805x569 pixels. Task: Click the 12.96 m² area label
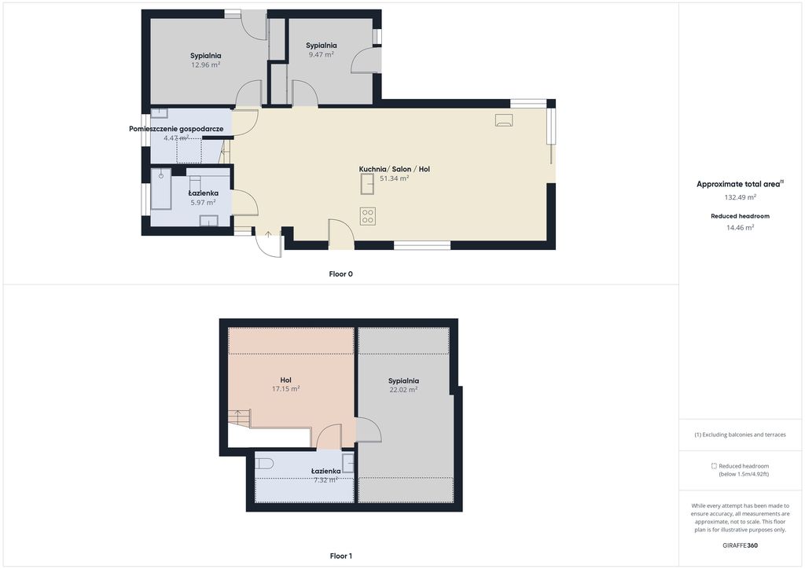(x=205, y=65)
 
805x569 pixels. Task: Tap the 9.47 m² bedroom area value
(x=322, y=54)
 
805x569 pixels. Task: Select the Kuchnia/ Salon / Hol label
(x=395, y=169)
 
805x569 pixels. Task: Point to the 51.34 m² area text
(x=395, y=178)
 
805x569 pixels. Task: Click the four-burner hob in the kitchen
(x=368, y=216)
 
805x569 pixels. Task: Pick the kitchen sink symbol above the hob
(x=367, y=184)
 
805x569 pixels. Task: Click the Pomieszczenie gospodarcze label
(x=176, y=129)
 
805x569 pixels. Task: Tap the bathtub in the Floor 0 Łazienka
(x=160, y=189)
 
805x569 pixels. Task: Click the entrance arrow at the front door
(x=268, y=235)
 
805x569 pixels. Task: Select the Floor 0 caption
(x=341, y=274)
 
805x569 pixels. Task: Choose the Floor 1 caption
(x=341, y=556)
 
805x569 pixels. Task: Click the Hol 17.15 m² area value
(x=286, y=390)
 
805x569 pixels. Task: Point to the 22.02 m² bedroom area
(x=403, y=390)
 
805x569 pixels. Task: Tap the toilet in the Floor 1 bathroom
(x=264, y=464)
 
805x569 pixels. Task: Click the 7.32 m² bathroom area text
(x=325, y=480)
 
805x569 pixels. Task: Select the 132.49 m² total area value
(x=741, y=197)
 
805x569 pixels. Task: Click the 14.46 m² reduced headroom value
(x=741, y=228)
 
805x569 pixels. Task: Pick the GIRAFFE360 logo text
(x=741, y=545)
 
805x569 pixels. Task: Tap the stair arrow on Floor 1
(x=237, y=413)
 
